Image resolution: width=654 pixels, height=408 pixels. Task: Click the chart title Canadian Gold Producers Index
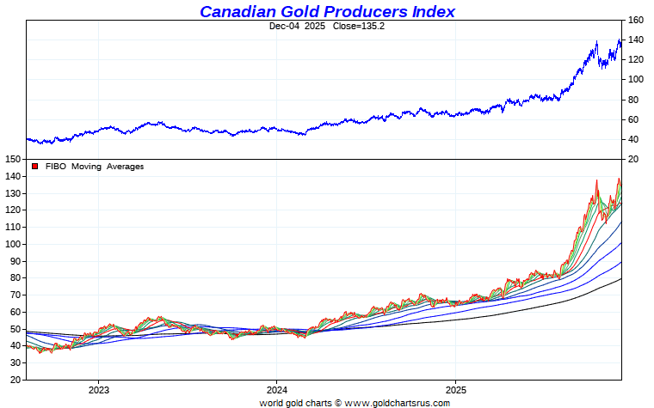pyautogui.click(x=327, y=11)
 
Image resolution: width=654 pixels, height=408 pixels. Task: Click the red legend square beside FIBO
pyautogui.click(x=34, y=167)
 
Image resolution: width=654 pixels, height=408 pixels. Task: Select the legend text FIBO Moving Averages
pyautogui.click(x=95, y=167)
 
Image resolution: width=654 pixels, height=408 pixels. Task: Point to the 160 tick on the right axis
pyautogui.click(x=636, y=20)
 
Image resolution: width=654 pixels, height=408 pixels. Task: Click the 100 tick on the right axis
pyautogui.click(x=636, y=79)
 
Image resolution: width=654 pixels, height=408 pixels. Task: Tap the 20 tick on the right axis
pyautogui.click(x=633, y=159)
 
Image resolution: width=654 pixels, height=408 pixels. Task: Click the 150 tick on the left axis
pyautogui.click(x=12, y=159)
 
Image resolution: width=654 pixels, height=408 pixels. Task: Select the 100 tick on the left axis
pyautogui.click(x=12, y=244)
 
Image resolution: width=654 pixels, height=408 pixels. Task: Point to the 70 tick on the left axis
pyautogui.click(x=15, y=295)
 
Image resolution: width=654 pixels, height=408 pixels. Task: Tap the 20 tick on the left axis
pyautogui.click(x=15, y=380)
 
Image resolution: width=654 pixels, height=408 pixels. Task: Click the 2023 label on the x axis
pyautogui.click(x=97, y=389)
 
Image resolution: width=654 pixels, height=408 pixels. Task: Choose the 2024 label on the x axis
pyautogui.click(x=276, y=389)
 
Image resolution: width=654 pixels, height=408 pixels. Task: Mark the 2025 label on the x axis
pyautogui.click(x=455, y=389)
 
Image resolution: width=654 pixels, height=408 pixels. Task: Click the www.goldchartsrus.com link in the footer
pyautogui.click(x=398, y=402)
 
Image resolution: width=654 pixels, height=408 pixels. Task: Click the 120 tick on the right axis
pyautogui.click(x=636, y=59)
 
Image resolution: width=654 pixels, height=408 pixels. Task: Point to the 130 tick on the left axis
pyautogui.click(x=12, y=193)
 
